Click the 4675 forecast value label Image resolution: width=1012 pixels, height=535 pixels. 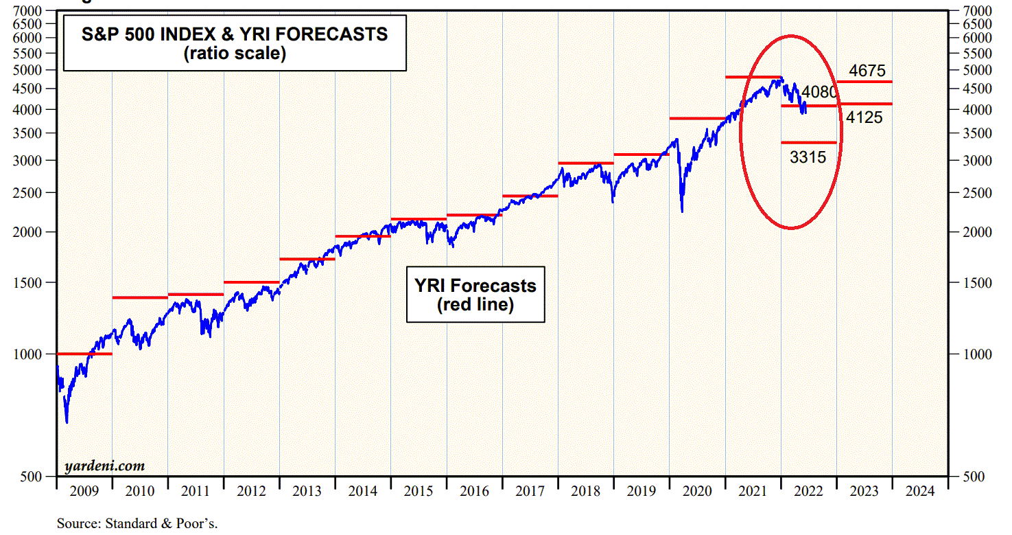click(867, 71)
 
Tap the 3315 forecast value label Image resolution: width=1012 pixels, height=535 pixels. click(808, 157)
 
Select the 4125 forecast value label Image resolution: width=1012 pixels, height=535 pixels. click(864, 117)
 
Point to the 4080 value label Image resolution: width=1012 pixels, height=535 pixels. click(820, 92)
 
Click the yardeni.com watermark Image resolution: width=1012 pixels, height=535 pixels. click(104, 466)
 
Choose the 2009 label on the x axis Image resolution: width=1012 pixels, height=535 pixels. click(84, 491)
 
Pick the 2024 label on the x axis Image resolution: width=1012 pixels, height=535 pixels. click(919, 491)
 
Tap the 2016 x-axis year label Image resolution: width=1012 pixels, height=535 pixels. click(474, 491)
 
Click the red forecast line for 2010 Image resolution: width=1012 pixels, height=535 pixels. click(139, 297)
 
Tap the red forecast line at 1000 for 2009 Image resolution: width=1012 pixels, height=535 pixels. click(84, 354)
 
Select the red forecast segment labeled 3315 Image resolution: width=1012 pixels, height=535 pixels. click(809, 142)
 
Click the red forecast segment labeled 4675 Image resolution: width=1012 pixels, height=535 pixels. click(864, 82)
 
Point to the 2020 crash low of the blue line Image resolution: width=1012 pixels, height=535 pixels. click(682, 211)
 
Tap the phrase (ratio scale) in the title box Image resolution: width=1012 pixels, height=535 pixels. click(234, 53)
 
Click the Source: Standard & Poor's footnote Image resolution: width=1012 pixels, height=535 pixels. click(137, 523)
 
